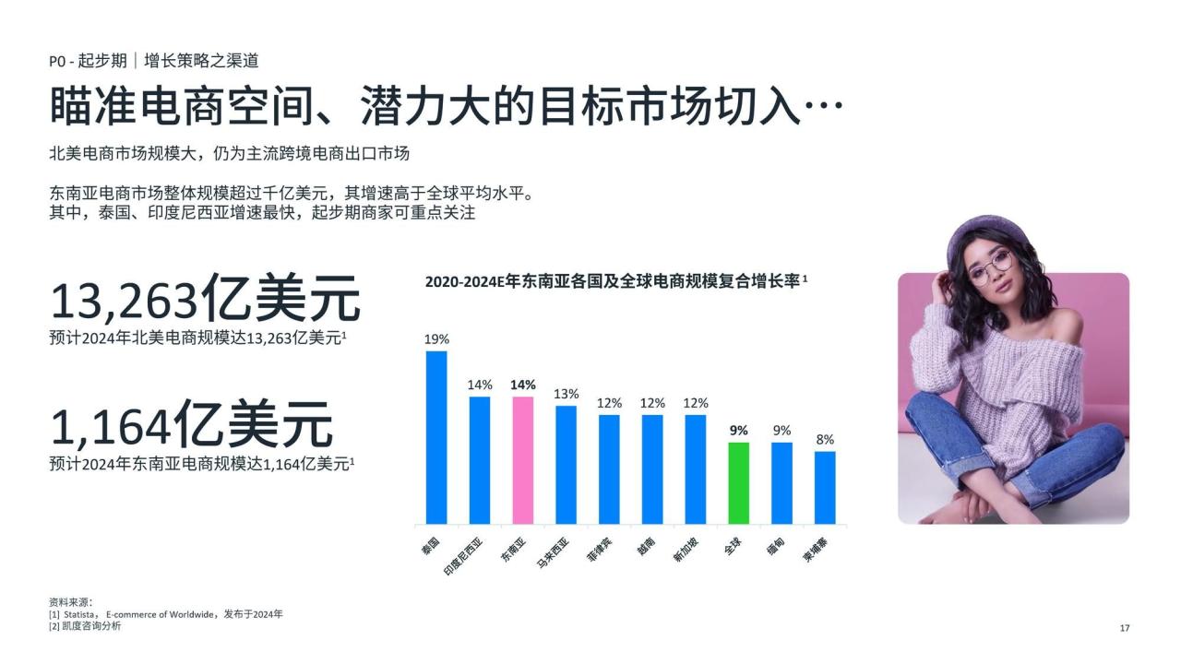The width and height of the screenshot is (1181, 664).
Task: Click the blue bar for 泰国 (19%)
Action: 436,437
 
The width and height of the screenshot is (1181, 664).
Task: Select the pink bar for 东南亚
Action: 523,460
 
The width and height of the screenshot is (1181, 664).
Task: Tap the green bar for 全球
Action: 739,483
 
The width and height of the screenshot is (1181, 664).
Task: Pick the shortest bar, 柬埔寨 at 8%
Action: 825,488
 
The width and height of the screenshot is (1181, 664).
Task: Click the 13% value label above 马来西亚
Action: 567,394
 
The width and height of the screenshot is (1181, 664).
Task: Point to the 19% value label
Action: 436,339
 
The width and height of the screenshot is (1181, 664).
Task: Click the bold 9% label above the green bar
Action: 739,431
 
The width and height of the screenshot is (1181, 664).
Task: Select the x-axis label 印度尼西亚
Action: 463,556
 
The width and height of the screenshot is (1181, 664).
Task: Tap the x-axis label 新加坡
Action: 686,550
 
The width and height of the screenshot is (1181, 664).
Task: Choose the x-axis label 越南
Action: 647,547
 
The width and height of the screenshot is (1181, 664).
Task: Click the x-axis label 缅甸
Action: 776,547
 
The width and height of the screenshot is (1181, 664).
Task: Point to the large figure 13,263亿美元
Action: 206,298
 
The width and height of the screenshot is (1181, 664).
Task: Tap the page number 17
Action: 1125,628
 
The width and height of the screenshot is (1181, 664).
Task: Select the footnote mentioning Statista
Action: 166,614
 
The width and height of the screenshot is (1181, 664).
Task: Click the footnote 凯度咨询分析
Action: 85,626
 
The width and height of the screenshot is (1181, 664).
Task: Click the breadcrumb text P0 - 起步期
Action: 88,61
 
